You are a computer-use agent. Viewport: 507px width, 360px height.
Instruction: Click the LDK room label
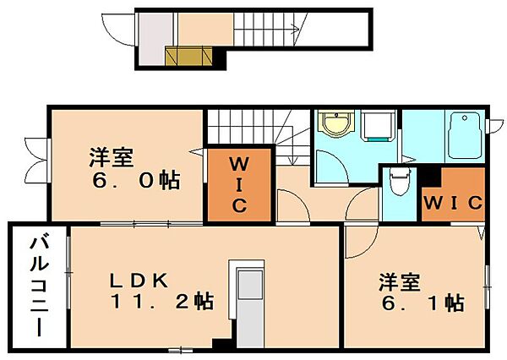pyautogui.click(x=139, y=281)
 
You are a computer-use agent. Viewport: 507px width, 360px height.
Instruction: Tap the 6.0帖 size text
pyautogui.click(x=136, y=181)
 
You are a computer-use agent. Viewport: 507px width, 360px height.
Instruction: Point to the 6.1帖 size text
pyautogui.click(x=423, y=303)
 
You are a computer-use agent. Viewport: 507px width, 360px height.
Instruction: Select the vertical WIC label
pyautogui.click(x=240, y=185)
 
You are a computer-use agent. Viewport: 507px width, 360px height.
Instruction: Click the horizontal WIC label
pyautogui.click(x=453, y=203)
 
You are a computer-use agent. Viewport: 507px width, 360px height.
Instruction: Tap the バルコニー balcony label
pyautogui.click(x=40, y=286)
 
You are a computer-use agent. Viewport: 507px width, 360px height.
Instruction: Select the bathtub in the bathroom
pyautogui.click(x=465, y=135)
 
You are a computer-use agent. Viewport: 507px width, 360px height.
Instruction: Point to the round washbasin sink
pyautogui.click(x=336, y=123)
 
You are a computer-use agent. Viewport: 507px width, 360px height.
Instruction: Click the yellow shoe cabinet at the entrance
pyautogui.click(x=188, y=56)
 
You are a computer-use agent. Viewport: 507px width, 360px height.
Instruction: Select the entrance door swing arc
pyautogui.click(x=116, y=30)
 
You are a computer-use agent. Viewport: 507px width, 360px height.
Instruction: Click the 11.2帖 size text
pyautogui.click(x=161, y=302)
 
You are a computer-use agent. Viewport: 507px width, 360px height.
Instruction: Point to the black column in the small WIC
pyautogui.click(x=430, y=177)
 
